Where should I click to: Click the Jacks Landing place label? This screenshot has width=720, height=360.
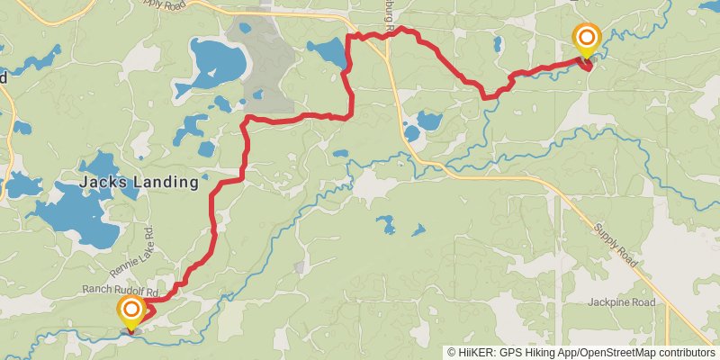tap(139, 182)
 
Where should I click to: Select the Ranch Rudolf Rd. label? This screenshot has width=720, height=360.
tap(121, 291)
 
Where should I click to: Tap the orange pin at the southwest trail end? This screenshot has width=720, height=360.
tap(131, 313)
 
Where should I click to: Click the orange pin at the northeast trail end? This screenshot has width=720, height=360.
tap(587, 39)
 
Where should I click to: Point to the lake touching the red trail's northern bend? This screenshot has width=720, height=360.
tap(328, 51)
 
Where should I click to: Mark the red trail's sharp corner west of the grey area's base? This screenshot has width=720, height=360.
tap(247, 119)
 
